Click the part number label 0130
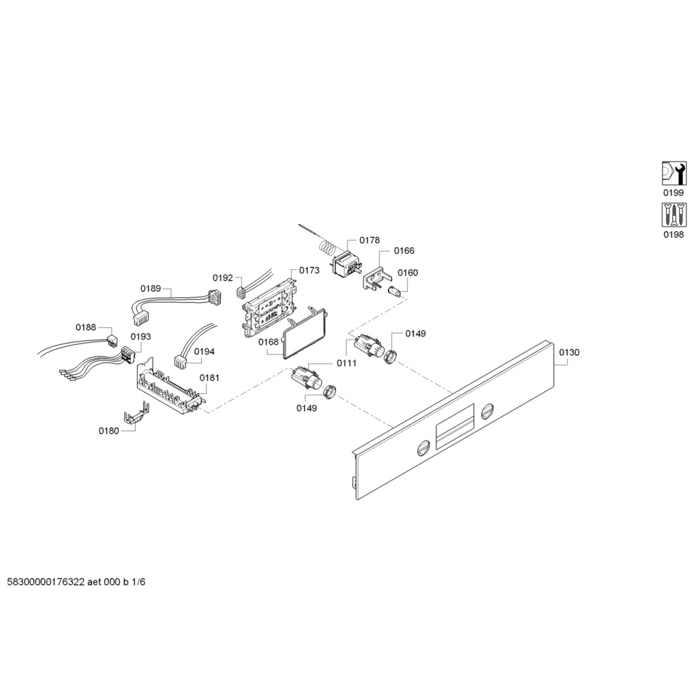tap(569, 352)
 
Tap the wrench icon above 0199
tap(673, 173)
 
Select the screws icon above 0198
tap(673, 215)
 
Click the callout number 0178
tap(369, 241)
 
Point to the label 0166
tap(404, 251)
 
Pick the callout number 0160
tap(408, 273)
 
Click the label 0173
tap(309, 270)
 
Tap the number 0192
tap(223, 278)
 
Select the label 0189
tap(151, 288)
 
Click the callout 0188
tap(85, 328)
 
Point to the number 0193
tap(140, 337)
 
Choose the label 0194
tap(204, 352)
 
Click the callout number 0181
tap(209, 378)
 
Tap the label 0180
tap(108, 431)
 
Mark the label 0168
tap(269, 342)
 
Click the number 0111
tap(346, 363)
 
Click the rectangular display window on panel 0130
tap(454, 427)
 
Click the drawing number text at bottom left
tap(76, 582)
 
